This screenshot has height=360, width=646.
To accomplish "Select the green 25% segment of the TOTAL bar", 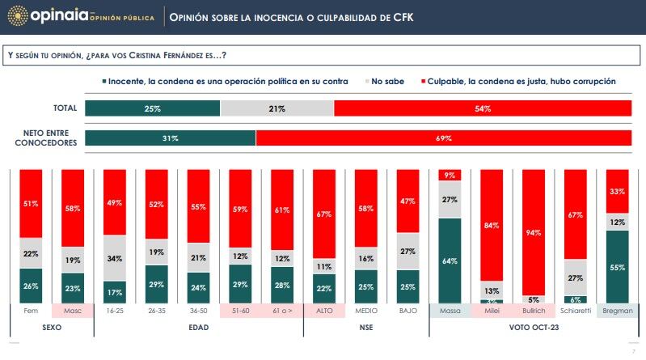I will pos(152,108).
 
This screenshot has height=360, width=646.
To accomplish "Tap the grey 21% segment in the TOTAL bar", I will pos(277,108).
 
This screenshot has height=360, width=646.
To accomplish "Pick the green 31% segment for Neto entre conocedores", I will pos(170,138).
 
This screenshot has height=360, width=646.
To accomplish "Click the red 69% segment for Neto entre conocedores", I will pos(444,138).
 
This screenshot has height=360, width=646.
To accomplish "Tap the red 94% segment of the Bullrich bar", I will pos(534,232).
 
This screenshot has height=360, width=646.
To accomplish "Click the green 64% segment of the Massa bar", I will pos(450,260).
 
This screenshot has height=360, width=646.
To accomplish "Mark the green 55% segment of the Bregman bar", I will pos(617,266).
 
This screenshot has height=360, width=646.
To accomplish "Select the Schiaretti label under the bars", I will pos(575,311).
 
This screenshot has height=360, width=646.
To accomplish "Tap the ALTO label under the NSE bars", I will pos(324,311).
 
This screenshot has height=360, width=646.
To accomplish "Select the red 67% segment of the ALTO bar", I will pos(324,214).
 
